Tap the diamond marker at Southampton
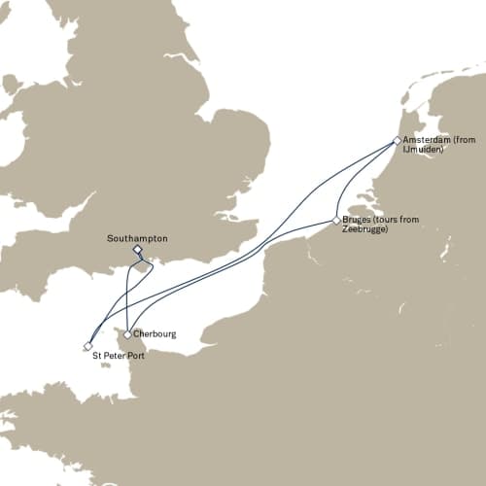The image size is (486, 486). pyautogui.click(x=137, y=249)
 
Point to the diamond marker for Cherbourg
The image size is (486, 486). pyautogui.click(x=127, y=334)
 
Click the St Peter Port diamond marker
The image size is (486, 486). pyautogui.click(x=88, y=345)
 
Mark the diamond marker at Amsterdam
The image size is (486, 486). pyautogui.click(x=397, y=140)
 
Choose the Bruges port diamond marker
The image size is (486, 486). pyautogui.click(x=336, y=221)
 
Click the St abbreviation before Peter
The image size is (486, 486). pyautogui.click(x=97, y=358)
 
